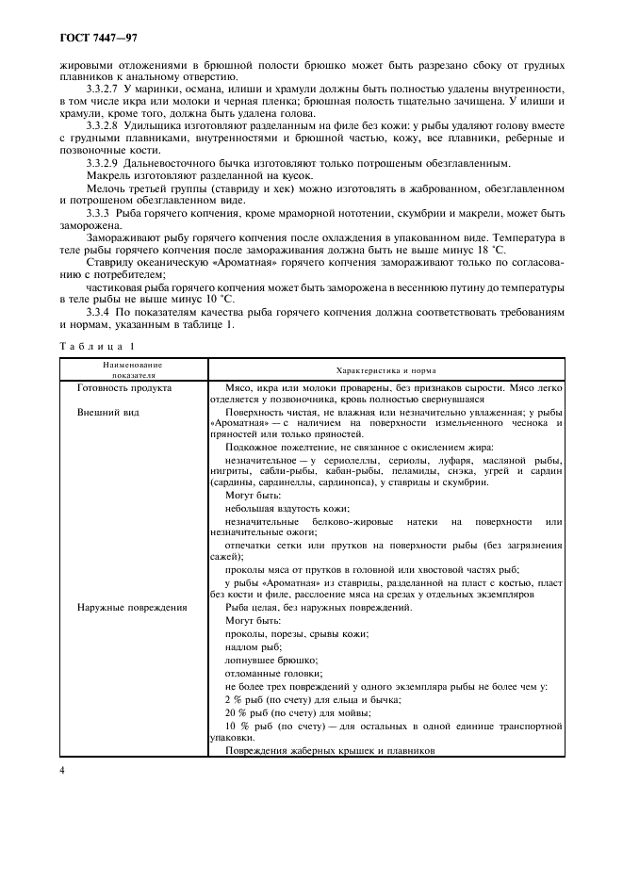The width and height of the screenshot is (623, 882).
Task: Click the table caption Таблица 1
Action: coord(93,347)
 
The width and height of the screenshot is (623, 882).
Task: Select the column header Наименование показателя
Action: coord(133,368)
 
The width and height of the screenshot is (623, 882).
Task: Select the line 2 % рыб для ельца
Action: coord(313,699)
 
